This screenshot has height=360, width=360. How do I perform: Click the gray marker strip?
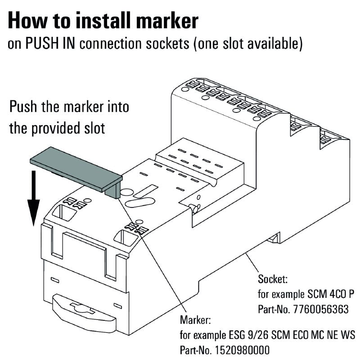pyautogui.click(x=74, y=169)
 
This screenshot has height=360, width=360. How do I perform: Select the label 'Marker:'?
pyautogui.click(x=195, y=320)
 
